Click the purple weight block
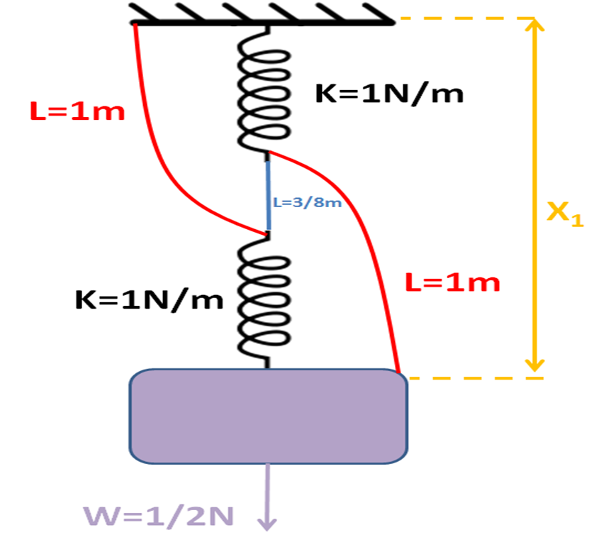pos(268,416)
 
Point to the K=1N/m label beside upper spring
pos(389,94)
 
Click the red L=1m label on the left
pos(77,111)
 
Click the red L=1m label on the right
pos(452,282)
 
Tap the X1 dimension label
pos(565,213)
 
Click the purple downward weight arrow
pos(267,497)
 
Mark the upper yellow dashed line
pos(461,19)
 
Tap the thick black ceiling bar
pos(262,23)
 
